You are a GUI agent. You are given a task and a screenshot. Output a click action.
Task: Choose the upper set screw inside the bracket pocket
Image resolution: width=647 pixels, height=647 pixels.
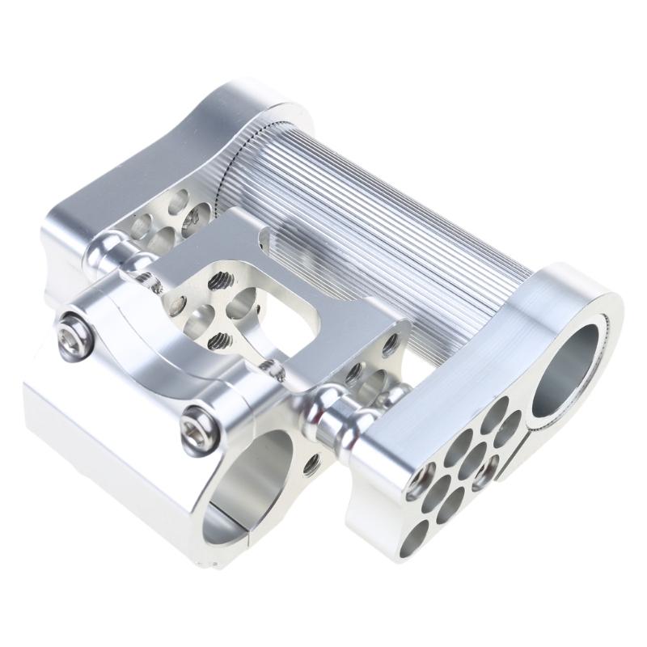218,279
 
